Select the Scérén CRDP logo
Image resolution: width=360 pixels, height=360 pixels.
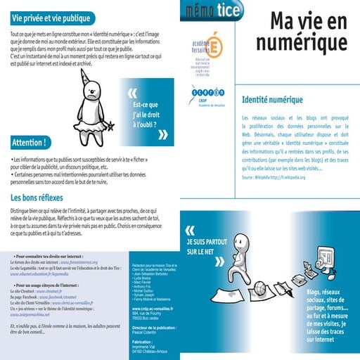pyautogui.click(x=207, y=94)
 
